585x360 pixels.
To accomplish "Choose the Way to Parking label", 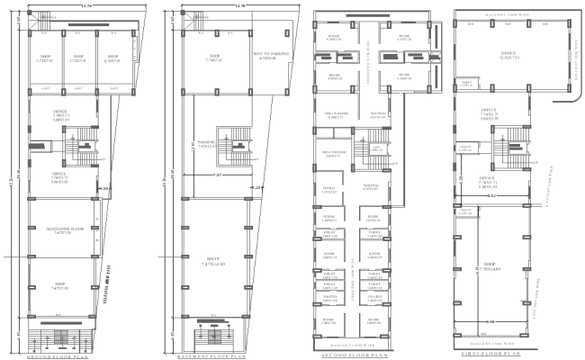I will click(268, 57).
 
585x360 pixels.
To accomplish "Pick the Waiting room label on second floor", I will click(378, 115).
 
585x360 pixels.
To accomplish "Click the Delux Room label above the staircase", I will click(337, 115).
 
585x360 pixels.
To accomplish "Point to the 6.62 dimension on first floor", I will click(491, 194).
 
